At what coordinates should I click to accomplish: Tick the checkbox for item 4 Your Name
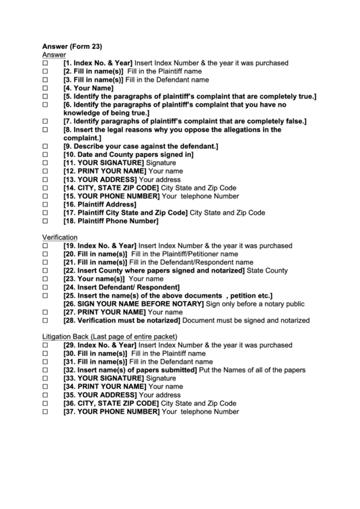pyautogui.click(x=46, y=88)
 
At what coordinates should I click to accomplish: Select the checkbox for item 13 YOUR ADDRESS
pyautogui.click(x=46, y=179)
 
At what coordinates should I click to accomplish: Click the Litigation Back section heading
pyautogui.click(x=109, y=337)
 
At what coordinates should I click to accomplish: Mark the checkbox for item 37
pyautogui.click(x=46, y=411)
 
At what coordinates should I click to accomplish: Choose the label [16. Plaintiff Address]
pyautogui.click(x=100, y=204)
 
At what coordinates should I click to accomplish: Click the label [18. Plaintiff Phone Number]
pyautogui.click(x=111, y=221)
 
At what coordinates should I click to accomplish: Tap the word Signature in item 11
pyautogui.click(x=161, y=163)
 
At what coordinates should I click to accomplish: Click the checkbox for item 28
pyautogui.click(x=46, y=320)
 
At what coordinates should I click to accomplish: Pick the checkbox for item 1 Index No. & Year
pyautogui.click(x=46, y=63)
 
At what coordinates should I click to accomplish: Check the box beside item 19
pyautogui.click(x=46, y=245)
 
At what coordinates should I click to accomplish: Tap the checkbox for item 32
pyautogui.click(x=46, y=370)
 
